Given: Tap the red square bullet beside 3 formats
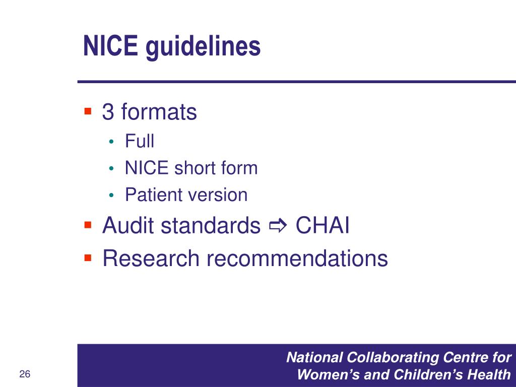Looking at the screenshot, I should [x=88, y=110].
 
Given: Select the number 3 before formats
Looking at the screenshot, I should [x=108, y=112].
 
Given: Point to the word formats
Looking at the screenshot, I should [x=159, y=112].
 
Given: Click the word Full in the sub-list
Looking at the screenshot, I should [x=140, y=141].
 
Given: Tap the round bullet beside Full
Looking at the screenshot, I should [x=112, y=142].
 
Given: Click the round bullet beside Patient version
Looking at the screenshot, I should [x=112, y=195].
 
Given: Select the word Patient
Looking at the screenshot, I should [x=149, y=195].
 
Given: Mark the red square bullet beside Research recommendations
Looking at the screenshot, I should [x=88, y=257].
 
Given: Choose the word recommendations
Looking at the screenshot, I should [x=297, y=258].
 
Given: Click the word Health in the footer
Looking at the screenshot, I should [x=491, y=375].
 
